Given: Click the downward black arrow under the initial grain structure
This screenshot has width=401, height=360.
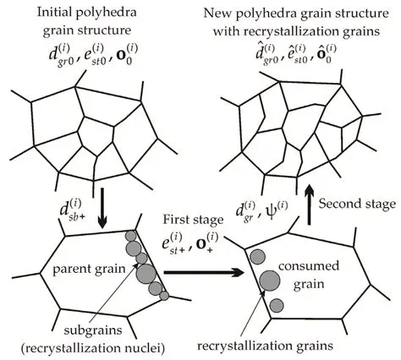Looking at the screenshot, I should point(89,218).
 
